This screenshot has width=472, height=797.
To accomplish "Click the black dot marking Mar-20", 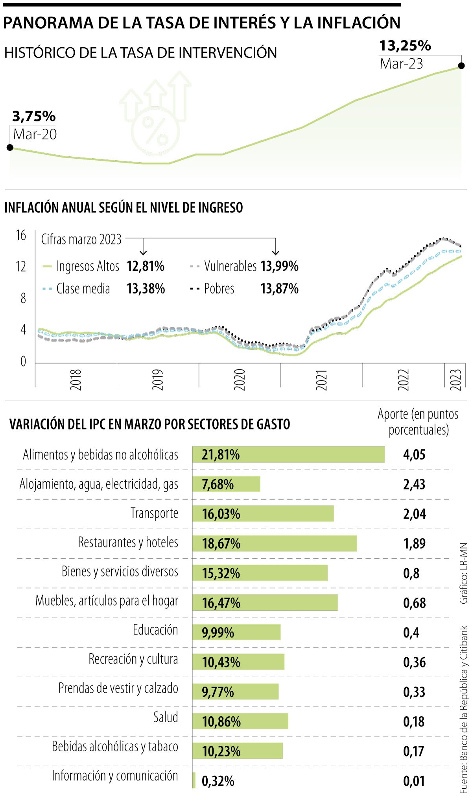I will (10, 148).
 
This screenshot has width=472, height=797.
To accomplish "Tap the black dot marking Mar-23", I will (462, 66).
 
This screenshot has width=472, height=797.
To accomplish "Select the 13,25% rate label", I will (405, 46).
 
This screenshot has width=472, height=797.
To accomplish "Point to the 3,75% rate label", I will (34, 117).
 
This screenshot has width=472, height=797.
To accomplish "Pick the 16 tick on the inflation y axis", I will (21, 235).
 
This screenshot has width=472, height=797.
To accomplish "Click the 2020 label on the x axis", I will (240, 380).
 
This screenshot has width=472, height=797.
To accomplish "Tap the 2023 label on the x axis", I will (455, 380).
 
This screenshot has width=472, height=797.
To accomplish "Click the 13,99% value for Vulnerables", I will (279, 267).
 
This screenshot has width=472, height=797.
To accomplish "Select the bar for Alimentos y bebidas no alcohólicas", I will (288, 454).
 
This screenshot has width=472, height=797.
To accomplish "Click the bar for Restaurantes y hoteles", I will (275, 543).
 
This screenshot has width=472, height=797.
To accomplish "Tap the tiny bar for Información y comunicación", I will (194, 780).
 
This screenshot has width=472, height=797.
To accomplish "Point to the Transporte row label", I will (154, 513).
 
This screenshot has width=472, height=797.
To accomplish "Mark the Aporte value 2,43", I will (414, 484).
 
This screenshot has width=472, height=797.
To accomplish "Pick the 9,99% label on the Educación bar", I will (218, 632).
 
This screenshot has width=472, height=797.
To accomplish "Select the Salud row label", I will (166, 717).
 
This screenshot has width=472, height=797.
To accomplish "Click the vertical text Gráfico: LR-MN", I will (464, 573).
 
